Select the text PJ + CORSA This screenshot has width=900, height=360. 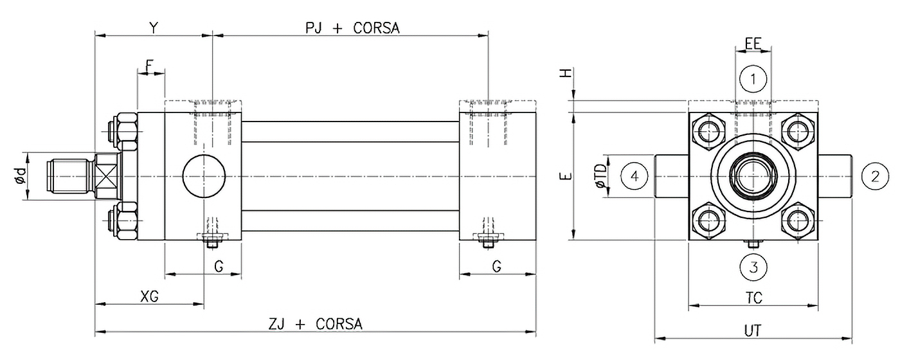[x=352, y=28]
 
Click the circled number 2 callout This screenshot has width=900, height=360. [x=874, y=176]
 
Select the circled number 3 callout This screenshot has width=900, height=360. [x=753, y=265]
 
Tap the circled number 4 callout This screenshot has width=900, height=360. [x=634, y=176]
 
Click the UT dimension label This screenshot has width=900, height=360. [x=753, y=330]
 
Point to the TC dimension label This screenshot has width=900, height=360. [x=753, y=298]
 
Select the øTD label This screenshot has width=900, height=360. [x=600, y=176]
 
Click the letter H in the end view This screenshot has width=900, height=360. [x=566, y=74]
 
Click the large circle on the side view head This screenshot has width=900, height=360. [x=204, y=175]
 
